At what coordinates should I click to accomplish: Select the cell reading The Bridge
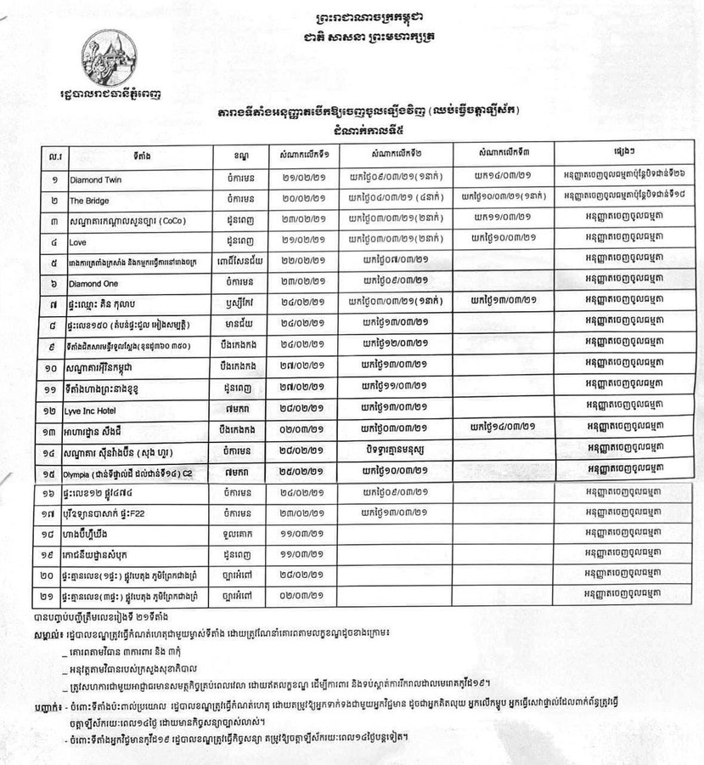(x=88, y=201)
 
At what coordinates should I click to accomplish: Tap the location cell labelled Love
(x=79, y=241)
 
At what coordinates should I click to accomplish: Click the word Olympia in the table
(x=82, y=473)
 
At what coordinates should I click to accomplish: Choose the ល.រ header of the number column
(x=55, y=155)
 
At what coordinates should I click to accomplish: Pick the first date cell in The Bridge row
(x=303, y=201)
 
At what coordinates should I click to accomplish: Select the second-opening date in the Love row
(x=397, y=241)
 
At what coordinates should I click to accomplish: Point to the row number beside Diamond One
(x=55, y=282)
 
